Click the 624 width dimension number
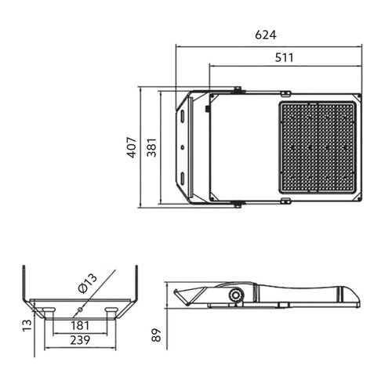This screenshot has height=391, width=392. tap(267, 35)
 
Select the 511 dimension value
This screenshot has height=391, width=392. tap(285, 57)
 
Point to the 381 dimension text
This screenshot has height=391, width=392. tap(152, 147)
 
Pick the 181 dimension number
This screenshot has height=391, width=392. tap(80, 325)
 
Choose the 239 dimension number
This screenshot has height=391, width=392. tap(80, 341)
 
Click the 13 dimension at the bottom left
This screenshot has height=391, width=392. tap(26, 324)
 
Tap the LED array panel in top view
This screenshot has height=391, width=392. tap(319, 147)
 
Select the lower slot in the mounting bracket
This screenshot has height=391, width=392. tap(183, 178)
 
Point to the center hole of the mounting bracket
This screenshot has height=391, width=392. tap(183, 147)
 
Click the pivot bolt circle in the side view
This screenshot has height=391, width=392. tap(234, 295)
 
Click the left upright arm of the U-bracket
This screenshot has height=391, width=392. tap(23, 284)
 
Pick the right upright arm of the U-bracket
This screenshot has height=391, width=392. tap(137, 284)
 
